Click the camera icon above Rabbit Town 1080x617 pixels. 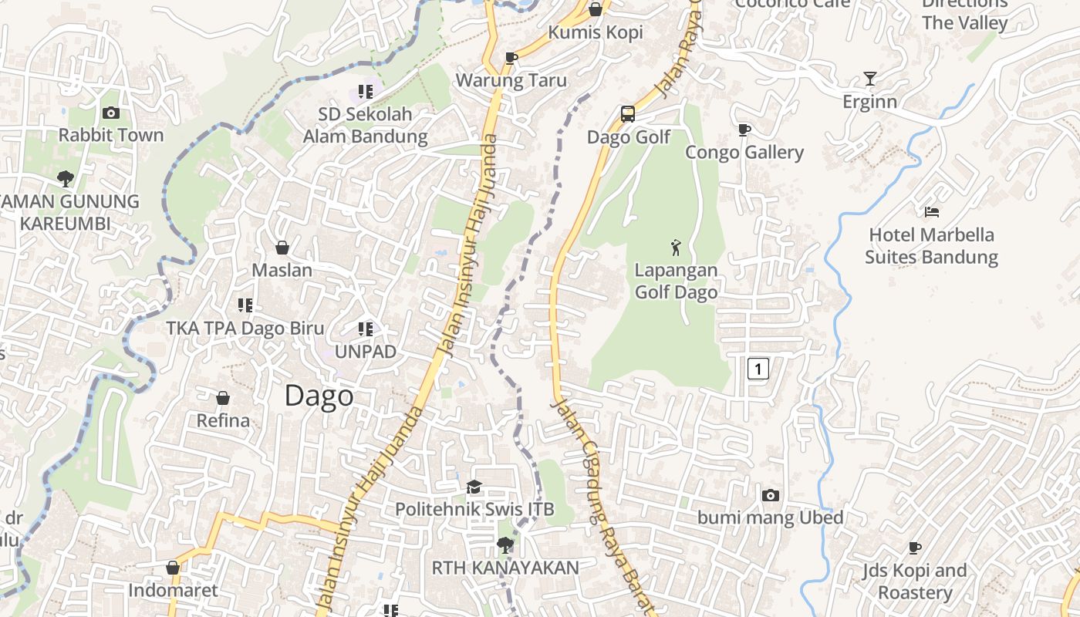[x=110, y=113]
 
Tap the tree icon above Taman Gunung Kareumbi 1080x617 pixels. [x=66, y=179]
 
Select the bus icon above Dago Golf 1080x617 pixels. [x=628, y=114]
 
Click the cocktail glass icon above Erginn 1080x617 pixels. [x=870, y=78]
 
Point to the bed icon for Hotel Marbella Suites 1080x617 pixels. [x=932, y=211]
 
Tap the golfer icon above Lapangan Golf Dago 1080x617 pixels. [x=676, y=248]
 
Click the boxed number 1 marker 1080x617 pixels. [x=758, y=369]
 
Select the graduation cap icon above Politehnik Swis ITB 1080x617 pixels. [x=474, y=487]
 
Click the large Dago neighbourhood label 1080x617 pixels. [x=319, y=396]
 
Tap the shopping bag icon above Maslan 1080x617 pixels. [x=282, y=247]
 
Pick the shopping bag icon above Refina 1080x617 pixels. [x=223, y=398]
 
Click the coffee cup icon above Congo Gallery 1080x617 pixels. [x=744, y=130]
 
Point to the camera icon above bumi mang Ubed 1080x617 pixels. [x=770, y=495]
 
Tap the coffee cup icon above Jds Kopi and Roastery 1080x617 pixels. [x=915, y=548]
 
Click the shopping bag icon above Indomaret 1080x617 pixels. [x=173, y=568]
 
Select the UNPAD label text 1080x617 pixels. [x=366, y=352]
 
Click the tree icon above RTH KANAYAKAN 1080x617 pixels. [x=505, y=545]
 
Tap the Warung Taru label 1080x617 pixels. [x=511, y=80]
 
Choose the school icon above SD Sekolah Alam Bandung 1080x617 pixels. [x=366, y=92]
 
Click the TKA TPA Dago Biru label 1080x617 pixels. [x=245, y=328]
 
